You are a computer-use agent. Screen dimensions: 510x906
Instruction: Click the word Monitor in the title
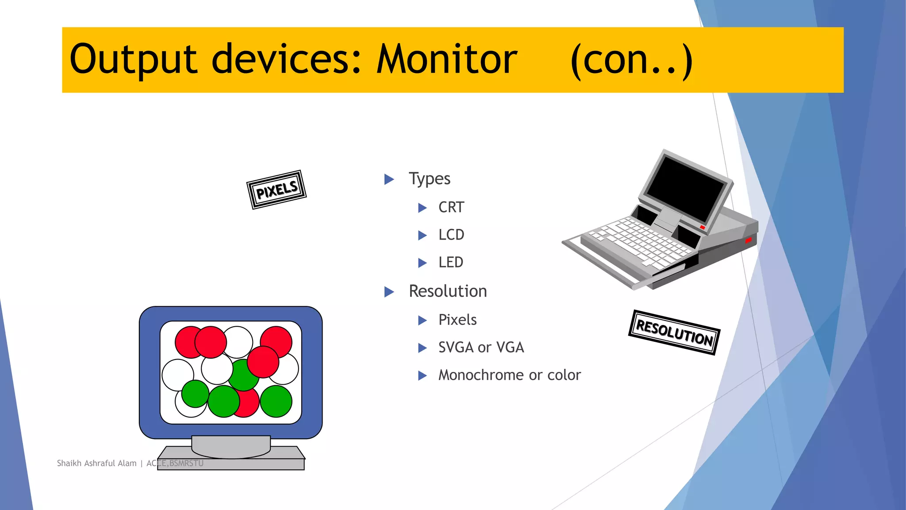447,59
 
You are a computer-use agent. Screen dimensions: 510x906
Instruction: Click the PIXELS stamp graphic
276,189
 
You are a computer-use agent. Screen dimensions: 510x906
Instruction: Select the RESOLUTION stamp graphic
674,332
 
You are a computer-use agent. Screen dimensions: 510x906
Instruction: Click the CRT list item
451,207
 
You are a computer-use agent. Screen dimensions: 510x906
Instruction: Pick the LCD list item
451,235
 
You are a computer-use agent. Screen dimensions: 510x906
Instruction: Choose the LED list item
451,263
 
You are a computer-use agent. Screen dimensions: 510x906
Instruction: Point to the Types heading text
429,179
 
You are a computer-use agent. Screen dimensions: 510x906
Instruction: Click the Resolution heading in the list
448,291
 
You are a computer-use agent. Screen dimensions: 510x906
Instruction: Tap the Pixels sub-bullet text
457,320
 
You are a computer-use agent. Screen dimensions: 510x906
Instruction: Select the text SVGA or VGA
481,348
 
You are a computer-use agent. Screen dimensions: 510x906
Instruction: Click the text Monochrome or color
509,375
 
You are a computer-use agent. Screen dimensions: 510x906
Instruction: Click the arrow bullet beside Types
389,179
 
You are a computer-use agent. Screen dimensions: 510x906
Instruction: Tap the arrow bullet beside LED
422,263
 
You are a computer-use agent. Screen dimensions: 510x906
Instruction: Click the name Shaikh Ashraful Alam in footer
96,463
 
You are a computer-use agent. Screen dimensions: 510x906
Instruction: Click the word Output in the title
133,59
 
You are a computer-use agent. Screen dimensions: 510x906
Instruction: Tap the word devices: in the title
287,59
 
